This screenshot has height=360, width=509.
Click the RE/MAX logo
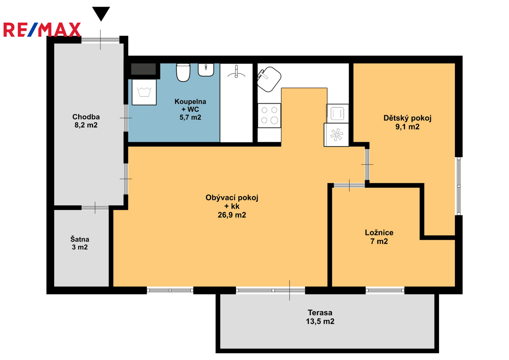point(42,30)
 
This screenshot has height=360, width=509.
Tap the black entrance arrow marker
point(101,14)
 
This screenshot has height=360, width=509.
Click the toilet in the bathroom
point(183,72)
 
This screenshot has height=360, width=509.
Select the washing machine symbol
point(144,92)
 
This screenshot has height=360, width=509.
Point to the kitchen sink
point(269,79)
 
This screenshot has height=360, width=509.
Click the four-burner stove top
point(269,115)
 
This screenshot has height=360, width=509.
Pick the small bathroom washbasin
point(206,70)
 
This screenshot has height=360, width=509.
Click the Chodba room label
point(86,121)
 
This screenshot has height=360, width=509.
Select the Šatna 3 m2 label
point(80,243)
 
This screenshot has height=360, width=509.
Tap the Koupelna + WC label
point(190,109)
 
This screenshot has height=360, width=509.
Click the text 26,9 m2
point(232,215)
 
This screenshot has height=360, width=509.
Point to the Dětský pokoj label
point(407,122)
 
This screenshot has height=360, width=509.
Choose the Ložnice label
point(379,237)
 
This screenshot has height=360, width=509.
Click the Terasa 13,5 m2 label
point(320,317)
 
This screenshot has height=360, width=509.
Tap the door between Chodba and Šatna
point(95,208)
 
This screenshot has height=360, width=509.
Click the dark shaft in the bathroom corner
point(143,69)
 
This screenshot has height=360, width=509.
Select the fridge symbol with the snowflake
point(336,135)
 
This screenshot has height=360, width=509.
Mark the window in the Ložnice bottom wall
point(385,290)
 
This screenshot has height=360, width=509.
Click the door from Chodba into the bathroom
point(126,118)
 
